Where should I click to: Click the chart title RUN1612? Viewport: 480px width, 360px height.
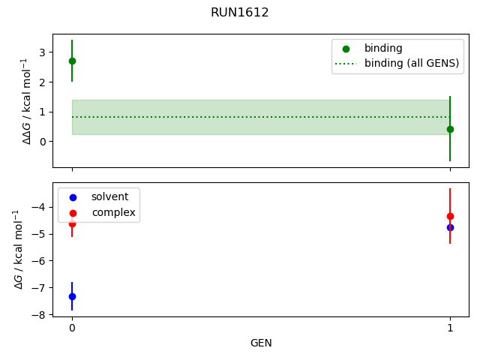coord(240,13)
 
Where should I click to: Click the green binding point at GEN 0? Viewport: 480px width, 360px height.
coord(72,61)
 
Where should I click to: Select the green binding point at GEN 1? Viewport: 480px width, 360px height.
coord(450,129)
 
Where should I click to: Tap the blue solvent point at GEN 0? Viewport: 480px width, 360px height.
coord(72,296)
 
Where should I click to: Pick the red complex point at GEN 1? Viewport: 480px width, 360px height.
coord(450,216)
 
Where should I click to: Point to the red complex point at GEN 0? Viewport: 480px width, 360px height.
coord(72,224)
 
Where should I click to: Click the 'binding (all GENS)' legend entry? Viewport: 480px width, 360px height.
coord(411,63)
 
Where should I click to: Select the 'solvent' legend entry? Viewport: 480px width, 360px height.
coord(109,196)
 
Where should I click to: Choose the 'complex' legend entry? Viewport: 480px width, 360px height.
coord(113,212)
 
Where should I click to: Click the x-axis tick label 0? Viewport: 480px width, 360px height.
coord(72,328)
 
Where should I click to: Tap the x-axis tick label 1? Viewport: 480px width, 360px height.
coord(450,328)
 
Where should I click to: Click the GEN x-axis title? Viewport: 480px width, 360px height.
coord(261,343)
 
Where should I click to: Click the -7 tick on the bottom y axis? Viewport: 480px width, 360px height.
coord(41,288)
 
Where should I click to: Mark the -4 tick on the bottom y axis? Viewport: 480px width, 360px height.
coord(41,207)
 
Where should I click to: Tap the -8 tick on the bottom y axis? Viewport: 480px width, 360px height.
coord(41,315)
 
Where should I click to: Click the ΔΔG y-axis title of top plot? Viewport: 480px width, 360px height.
coord(26,100)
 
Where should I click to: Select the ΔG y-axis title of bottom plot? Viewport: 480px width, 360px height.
coord(18,249)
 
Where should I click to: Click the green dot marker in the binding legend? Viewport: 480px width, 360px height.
coord(346,48)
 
